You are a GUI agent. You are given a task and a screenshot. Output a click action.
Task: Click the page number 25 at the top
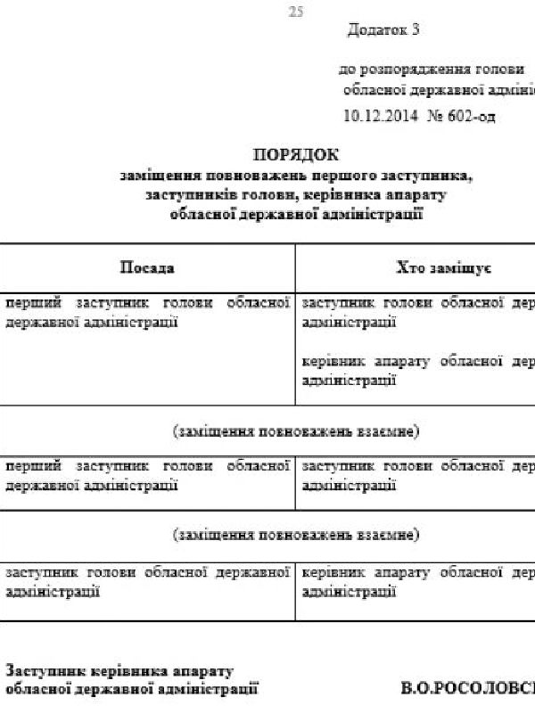coord(297,12)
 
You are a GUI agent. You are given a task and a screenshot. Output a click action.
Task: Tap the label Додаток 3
coord(383,30)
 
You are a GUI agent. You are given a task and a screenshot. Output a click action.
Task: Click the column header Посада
coord(147,268)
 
